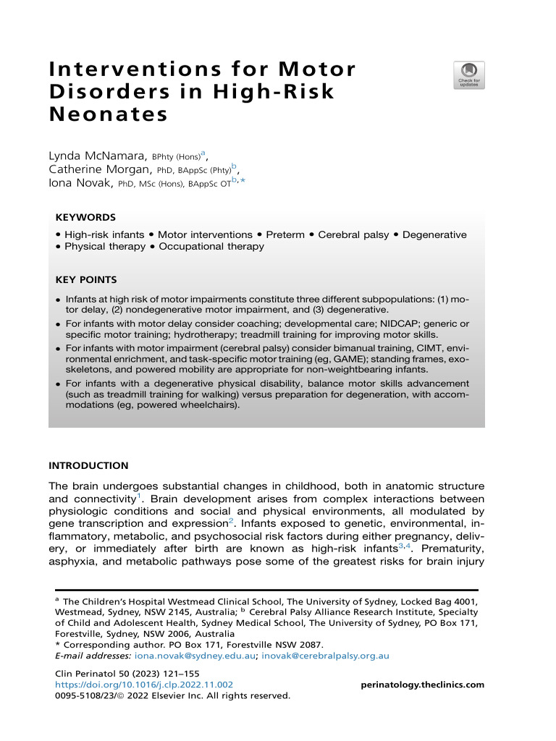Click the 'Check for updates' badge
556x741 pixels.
469,75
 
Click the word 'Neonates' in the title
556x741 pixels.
108,114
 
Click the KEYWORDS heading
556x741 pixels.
85,217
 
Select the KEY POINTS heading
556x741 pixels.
85,279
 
